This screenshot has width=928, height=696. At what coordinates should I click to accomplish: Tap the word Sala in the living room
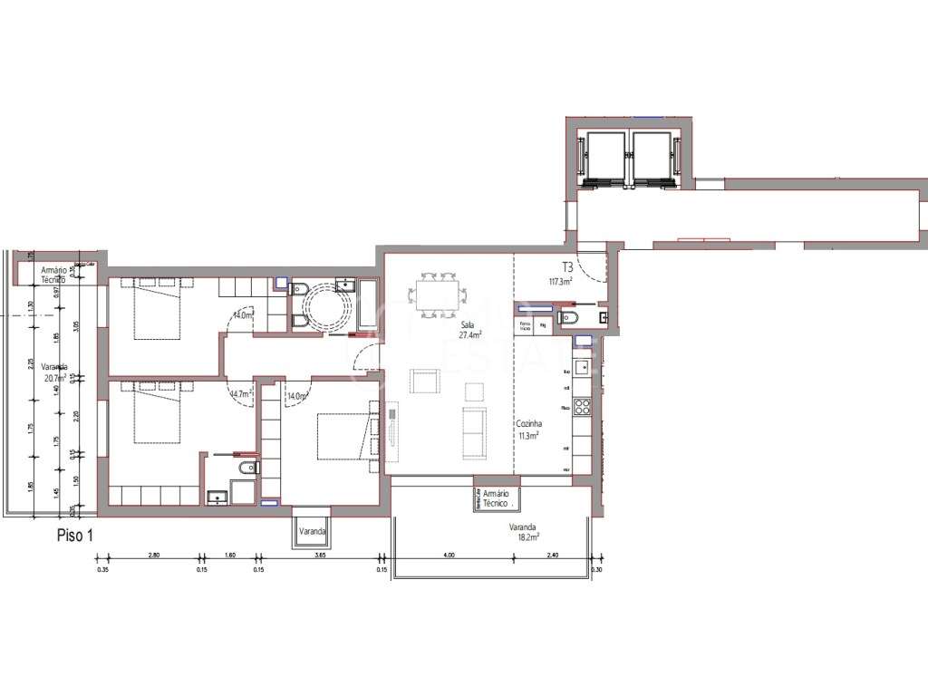(x=469, y=324)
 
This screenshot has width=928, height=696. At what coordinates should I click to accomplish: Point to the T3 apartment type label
(x=568, y=267)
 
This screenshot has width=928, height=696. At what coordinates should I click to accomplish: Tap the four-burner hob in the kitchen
(x=584, y=408)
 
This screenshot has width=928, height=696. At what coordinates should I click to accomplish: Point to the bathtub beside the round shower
(x=370, y=305)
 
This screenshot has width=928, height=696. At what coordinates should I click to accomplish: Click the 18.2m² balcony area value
(x=525, y=536)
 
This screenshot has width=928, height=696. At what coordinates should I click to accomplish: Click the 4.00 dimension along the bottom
(x=449, y=556)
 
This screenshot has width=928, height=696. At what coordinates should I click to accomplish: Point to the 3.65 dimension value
(x=319, y=556)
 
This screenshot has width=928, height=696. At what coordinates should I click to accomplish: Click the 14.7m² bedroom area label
(x=240, y=394)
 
